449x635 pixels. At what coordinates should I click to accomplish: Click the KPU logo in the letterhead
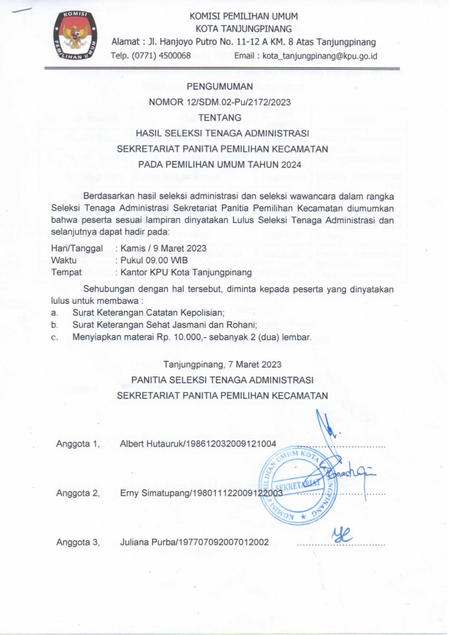(75, 35)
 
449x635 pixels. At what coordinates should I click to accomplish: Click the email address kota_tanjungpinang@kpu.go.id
(320, 56)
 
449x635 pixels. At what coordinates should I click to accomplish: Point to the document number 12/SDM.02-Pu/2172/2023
(239, 102)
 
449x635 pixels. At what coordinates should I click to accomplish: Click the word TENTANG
(220, 118)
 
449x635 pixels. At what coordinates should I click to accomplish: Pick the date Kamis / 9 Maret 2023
(163, 248)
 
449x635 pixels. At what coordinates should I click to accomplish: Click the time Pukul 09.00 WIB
(154, 260)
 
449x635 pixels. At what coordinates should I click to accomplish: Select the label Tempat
(66, 272)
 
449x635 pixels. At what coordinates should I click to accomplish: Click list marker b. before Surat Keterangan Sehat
(54, 325)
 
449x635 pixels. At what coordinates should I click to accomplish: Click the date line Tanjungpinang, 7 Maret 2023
(222, 364)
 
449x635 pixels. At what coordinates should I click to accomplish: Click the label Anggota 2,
(77, 493)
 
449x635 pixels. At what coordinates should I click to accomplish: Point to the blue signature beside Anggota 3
(341, 534)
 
